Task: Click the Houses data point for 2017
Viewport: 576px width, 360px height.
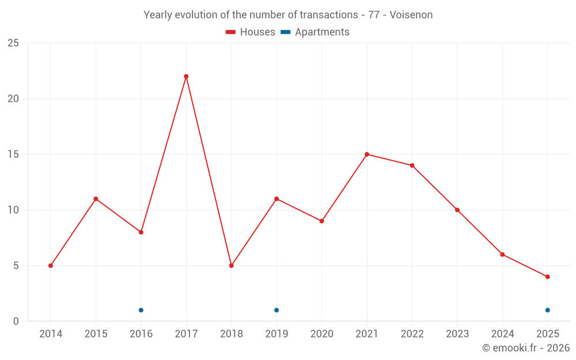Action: [x=186, y=77]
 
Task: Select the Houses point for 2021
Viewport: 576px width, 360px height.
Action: [x=367, y=154]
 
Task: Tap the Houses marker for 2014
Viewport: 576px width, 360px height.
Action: [x=51, y=266]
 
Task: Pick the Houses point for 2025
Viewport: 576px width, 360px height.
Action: [x=547, y=276]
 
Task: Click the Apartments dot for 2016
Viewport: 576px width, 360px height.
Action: [x=141, y=310]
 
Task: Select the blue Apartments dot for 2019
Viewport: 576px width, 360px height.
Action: [x=276, y=310]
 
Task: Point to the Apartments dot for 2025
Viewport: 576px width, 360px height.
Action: [x=547, y=310]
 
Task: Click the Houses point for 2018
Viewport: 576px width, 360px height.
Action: [x=231, y=266]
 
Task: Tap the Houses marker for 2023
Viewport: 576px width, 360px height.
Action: [x=457, y=210]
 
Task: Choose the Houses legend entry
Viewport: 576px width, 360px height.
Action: [x=251, y=32]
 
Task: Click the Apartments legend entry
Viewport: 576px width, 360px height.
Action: [x=315, y=32]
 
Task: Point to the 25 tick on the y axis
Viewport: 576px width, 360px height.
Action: [x=13, y=43]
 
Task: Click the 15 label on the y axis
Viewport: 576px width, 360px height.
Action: [x=13, y=154]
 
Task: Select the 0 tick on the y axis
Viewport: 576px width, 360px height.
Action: [x=16, y=321]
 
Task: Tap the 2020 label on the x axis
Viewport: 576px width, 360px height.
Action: [x=321, y=334]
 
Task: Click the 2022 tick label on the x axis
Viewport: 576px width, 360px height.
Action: [x=412, y=334]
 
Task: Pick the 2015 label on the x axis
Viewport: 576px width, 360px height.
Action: [x=96, y=334]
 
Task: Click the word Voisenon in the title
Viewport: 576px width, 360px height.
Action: [x=411, y=15]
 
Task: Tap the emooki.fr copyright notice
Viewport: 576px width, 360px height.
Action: [x=526, y=348]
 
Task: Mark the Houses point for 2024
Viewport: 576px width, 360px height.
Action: [x=502, y=255]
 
